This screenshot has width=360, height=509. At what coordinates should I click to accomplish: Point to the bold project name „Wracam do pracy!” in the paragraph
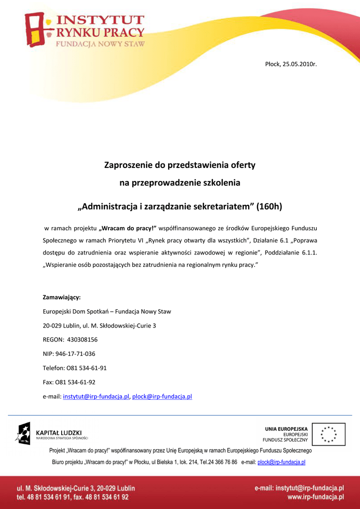coord(128,228)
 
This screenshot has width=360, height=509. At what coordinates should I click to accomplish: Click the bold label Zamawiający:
coord(62,298)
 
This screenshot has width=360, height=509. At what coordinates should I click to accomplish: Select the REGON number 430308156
coord(82,340)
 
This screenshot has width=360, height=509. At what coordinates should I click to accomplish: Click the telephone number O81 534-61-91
coord(87,368)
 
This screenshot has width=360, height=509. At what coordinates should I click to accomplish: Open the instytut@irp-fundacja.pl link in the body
coord(96,397)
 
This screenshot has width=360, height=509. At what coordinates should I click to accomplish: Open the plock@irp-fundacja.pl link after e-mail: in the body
coord(162,397)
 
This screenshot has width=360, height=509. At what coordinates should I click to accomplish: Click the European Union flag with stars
coord(332,434)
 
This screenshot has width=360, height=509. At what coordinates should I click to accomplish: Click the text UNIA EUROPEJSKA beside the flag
coord(286,429)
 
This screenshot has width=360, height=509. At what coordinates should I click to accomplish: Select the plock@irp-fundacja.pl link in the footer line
coord(281,462)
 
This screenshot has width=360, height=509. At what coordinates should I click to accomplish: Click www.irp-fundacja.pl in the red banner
coord(315,497)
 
